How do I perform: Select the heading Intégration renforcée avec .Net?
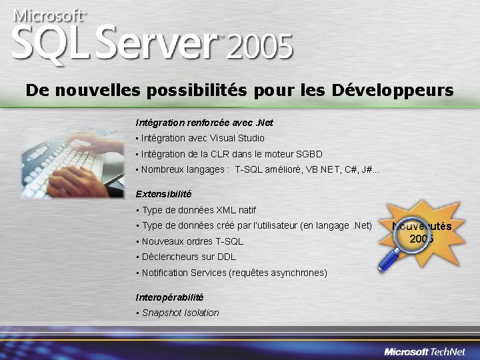coord(204,123)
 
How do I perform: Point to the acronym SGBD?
coord(309,154)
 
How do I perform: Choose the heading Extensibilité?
coord(163,194)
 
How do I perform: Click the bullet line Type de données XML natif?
coord(199,210)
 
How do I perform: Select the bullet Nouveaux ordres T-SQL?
coord(192,241)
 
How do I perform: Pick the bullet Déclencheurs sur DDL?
coord(189,257)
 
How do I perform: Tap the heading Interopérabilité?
coord(169,297)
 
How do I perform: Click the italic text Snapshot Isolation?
coord(180,313)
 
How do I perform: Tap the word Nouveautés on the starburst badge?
coord(421,227)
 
